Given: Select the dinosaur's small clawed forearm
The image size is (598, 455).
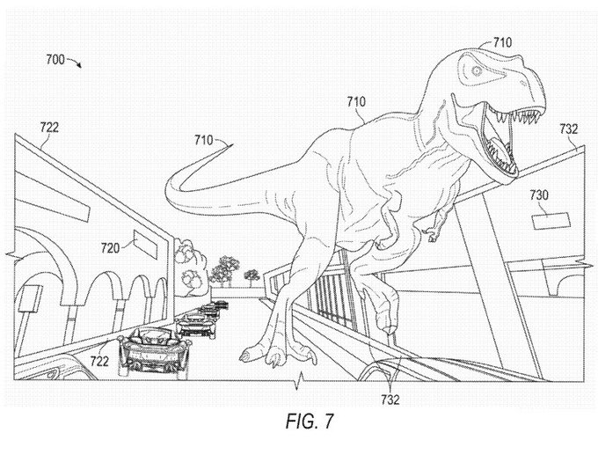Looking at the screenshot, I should click(431, 232).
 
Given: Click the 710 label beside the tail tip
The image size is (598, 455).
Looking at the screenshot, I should click(204, 139).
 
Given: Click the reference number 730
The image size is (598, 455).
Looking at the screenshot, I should click(538, 194).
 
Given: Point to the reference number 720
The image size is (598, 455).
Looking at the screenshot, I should click(110, 248).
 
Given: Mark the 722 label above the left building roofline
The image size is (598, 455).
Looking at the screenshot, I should click(49, 127).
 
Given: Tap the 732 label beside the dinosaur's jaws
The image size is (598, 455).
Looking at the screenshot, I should click(568, 128).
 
